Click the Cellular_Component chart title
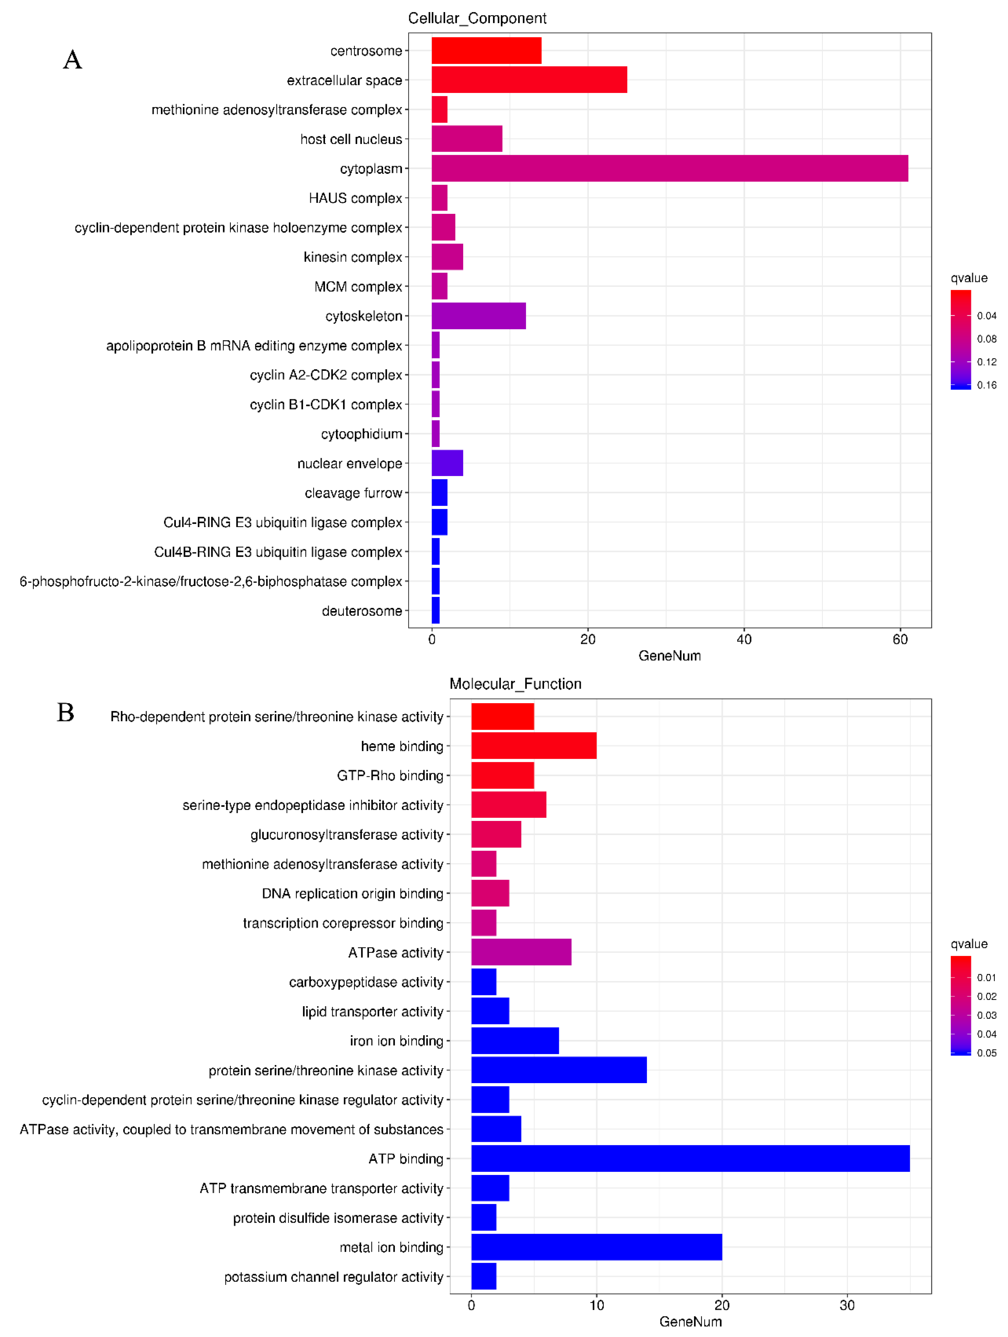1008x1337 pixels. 477,18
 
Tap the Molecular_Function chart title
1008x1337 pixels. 515,684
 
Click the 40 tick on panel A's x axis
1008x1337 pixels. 744,640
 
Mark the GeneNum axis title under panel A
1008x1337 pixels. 669,656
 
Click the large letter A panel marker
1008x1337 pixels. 73,60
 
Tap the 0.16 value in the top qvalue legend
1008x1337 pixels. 986,385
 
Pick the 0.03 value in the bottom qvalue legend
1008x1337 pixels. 986,1015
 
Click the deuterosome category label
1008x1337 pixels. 362,611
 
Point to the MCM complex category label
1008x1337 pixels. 358,286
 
